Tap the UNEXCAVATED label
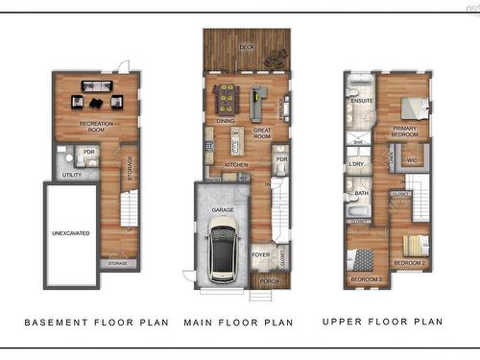coord(70,233)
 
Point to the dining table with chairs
coord(227,96)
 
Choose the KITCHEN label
coord(236,164)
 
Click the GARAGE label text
coord(223,208)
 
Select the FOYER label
coord(260,254)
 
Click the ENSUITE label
coord(362,100)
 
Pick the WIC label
coord(413,159)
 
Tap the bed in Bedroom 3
coord(366,259)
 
